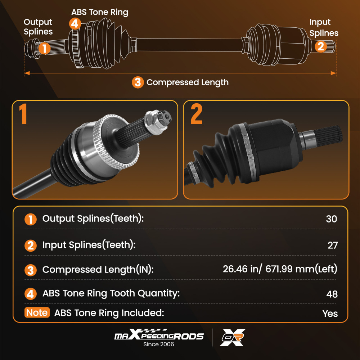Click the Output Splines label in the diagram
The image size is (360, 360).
38,27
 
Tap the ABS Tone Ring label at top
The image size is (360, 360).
100,12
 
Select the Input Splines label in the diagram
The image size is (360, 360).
324,28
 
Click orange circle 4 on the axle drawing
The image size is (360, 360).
75,23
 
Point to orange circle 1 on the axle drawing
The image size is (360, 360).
44,48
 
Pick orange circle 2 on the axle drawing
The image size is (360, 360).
321,46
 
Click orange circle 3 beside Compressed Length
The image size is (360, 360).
138,82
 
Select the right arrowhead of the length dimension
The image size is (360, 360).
333,73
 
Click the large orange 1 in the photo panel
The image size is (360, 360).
23,114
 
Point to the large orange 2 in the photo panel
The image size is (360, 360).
197,114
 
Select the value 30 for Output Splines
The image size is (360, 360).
332,219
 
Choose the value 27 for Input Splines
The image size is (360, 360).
333,245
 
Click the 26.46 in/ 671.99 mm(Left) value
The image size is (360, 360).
280,269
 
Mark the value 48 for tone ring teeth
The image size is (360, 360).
332,294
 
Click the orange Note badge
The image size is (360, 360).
37,312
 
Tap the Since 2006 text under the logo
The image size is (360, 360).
159,344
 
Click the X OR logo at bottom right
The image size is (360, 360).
233,337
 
